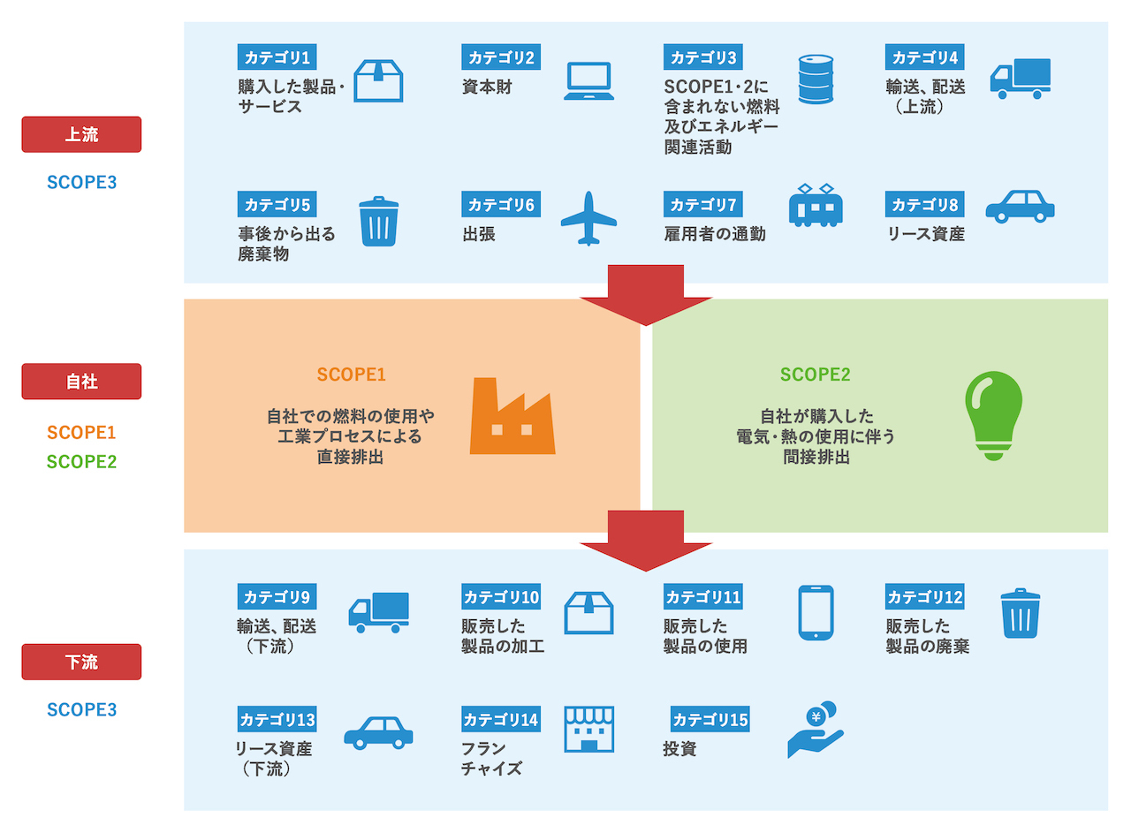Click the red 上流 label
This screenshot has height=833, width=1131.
pyautogui.click(x=81, y=135)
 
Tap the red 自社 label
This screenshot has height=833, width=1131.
pyautogui.click(x=81, y=382)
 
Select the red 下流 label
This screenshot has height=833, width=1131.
pyautogui.click(x=81, y=662)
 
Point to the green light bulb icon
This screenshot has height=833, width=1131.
pyautogui.click(x=993, y=415)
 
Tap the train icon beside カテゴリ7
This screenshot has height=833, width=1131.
pyautogui.click(x=815, y=206)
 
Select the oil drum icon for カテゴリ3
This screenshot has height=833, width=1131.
pyautogui.click(x=816, y=79)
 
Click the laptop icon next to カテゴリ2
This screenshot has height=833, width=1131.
pyautogui.click(x=588, y=81)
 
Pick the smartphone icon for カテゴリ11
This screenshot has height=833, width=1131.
pyautogui.click(x=816, y=612)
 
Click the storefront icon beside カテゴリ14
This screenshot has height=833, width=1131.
pyautogui.click(x=588, y=729)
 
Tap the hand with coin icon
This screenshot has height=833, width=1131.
pyautogui.click(x=816, y=730)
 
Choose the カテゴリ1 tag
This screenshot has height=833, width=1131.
pyautogui.click(x=277, y=58)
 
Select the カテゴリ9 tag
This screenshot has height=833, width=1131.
pyautogui.click(x=277, y=597)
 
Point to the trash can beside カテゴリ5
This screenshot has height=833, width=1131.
pyautogui.click(x=378, y=222)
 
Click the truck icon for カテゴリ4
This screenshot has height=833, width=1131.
pyautogui.click(x=1020, y=79)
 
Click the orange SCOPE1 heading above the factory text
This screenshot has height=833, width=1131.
pyautogui.click(x=352, y=375)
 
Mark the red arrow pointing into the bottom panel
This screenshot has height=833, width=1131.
pyautogui.click(x=646, y=541)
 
